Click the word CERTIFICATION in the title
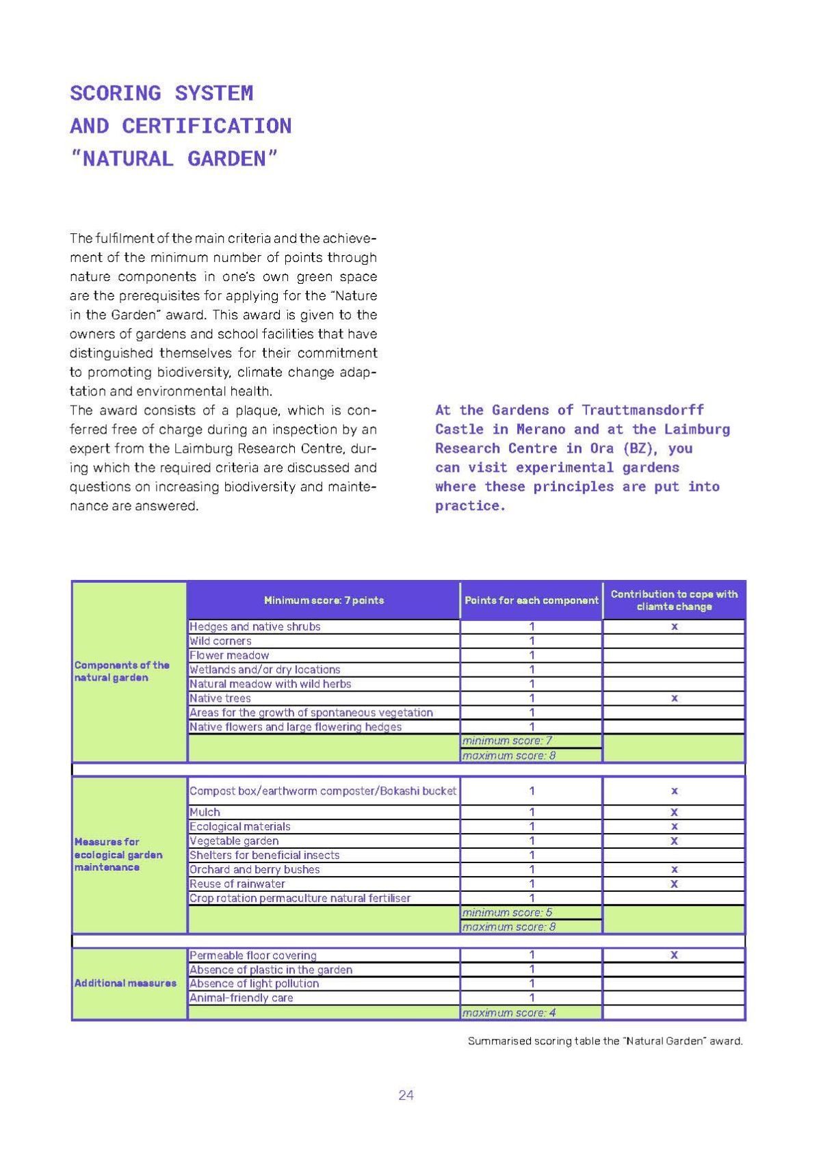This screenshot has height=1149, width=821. (207, 126)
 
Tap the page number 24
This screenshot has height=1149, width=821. (406, 1095)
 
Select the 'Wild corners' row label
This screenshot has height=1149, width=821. (220, 641)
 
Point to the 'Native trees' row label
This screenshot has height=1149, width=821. (220, 698)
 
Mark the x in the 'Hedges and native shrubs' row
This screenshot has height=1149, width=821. (674, 626)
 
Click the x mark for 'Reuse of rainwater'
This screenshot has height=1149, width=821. (674, 884)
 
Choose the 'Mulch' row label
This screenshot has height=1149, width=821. (205, 812)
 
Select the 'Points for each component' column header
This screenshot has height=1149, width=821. (531, 600)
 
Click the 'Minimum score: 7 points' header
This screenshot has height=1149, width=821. (324, 600)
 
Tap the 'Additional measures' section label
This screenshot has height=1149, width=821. (125, 983)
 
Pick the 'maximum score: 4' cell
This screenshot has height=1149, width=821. (509, 1012)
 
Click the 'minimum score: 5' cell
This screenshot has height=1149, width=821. (507, 912)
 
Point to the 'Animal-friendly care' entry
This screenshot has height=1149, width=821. (241, 998)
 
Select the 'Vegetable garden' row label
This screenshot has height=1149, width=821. (234, 841)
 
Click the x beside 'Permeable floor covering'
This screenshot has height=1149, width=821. (674, 955)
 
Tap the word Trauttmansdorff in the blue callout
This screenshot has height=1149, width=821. (642, 410)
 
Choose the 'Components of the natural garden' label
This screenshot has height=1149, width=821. (122, 671)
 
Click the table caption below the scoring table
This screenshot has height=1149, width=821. (605, 1041)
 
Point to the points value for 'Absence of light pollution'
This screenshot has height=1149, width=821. (532, 983)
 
